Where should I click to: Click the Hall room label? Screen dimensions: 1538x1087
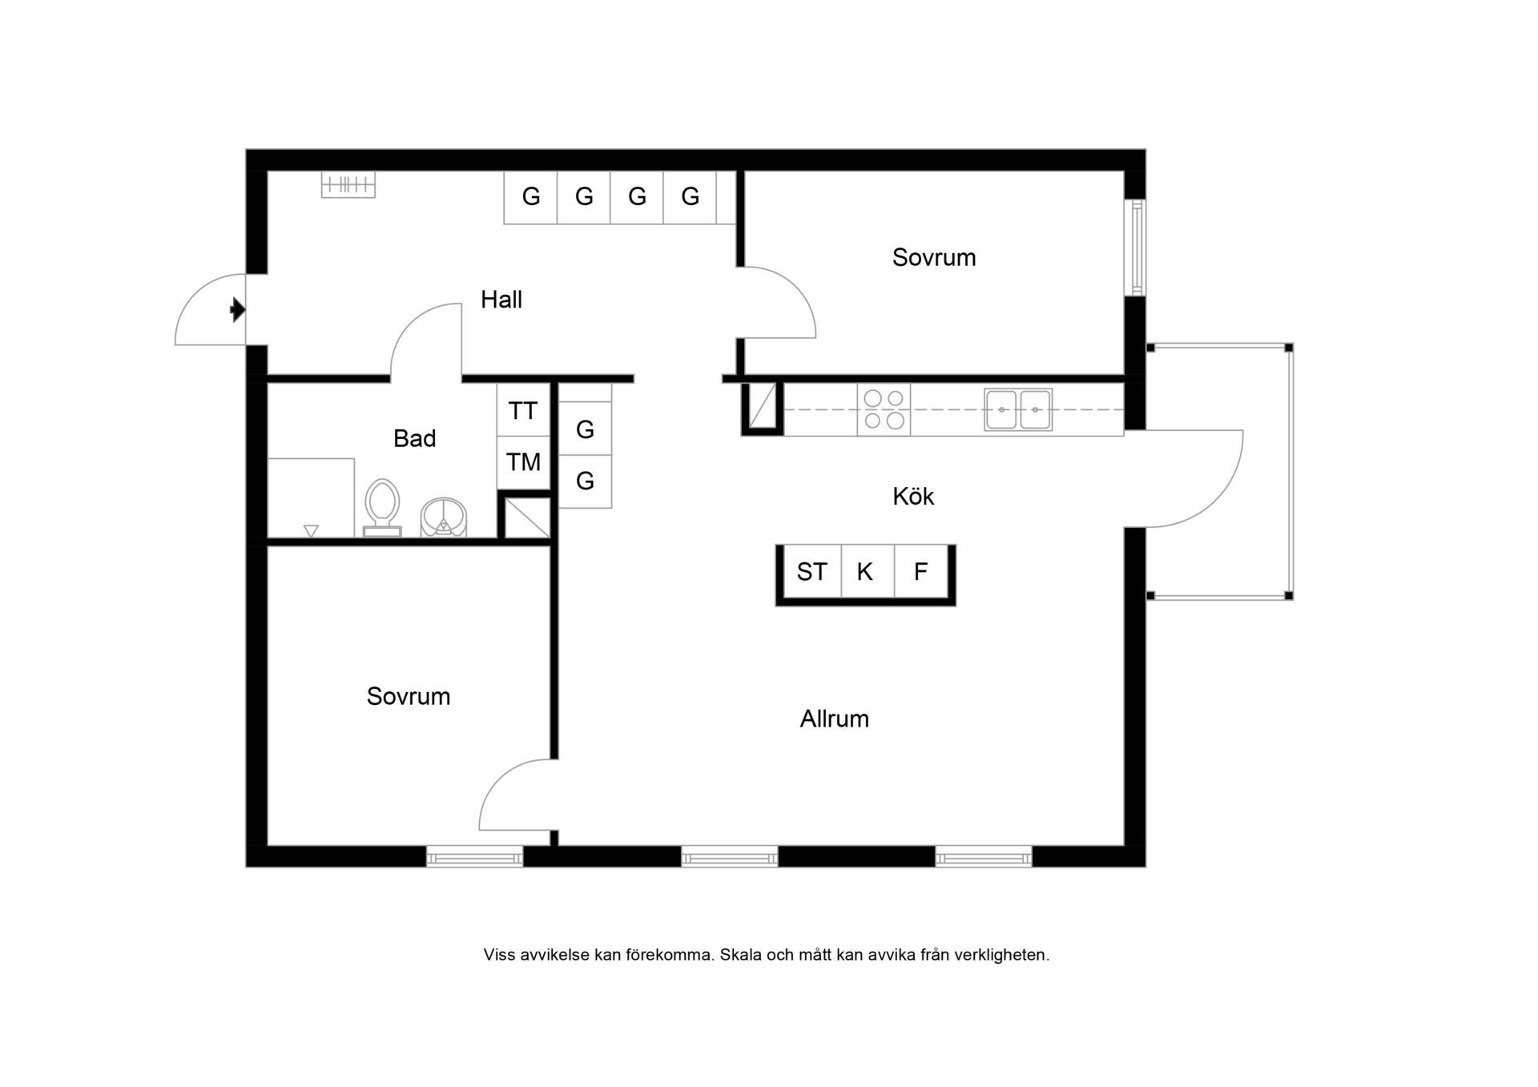pos(501,300)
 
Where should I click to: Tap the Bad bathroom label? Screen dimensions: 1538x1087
pos(415,438)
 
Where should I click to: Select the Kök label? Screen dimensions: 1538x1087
pos(913,497)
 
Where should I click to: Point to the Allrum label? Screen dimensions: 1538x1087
pos(835,719)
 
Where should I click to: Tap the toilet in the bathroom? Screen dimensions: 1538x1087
pos(382,507)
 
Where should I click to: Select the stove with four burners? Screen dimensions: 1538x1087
pos(884,409)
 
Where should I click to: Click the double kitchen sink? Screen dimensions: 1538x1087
pos(1018,409)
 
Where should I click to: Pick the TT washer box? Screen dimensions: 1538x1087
pos(523,411)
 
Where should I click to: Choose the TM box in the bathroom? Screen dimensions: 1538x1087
pos(523,462)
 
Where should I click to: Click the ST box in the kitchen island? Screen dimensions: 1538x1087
pos(811,572)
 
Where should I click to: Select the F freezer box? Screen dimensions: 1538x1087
pos(921,572)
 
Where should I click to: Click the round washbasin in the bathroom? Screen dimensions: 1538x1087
pos(444,517)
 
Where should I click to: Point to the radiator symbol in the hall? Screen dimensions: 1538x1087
pos(348,185)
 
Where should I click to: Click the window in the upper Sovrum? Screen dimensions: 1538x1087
pos(1135,248)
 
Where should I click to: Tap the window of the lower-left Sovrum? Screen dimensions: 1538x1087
pos(475,857)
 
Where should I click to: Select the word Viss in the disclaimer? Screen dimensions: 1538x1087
pos(499,955)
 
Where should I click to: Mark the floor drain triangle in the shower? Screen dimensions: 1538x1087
pos(312,530)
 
